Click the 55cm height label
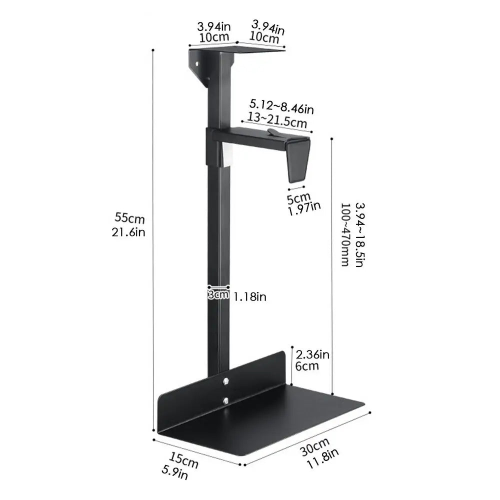(x=129, y=218)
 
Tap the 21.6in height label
(x=128, y=232)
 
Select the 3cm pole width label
(x=218, y=294)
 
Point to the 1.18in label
(x=249, y=297)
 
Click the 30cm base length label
(x=314, y=446)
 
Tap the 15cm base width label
(x=183, y=460)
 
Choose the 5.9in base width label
(x=174, y=472)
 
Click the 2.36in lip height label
(x=312, y=354)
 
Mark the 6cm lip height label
(x=307, y=366)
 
